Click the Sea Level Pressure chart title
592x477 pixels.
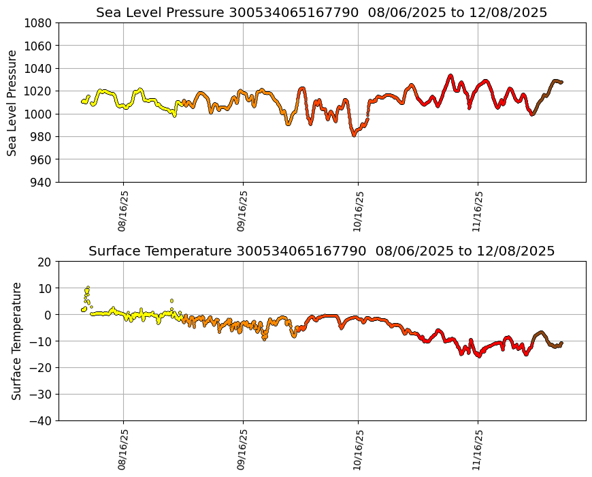pyautogui.click(x=321, y=13)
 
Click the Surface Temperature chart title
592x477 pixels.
pyautogui.click(x=321, y=251)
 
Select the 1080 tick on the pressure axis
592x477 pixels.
pyautogui.click(x=39, y=22)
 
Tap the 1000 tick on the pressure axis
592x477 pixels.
pyautogui.click(x=39, y=114)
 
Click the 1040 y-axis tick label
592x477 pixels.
pyautogui.click(x=39, y=68)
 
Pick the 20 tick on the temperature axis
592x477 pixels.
pyautogui.click(x=46, y=262)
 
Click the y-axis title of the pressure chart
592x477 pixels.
pyautogui.click(x=13, y=102)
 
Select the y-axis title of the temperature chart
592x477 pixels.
pyautogui.click(x=17, y=341)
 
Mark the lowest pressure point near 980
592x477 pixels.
pyautogui.click(x=354, y=135)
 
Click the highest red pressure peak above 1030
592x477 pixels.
pyautogui.click(x=450, y=76)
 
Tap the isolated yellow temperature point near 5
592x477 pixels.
pyautogui.click(x=171, y=301)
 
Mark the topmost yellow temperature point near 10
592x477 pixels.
pyautogui.click(x=88, y=288)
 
